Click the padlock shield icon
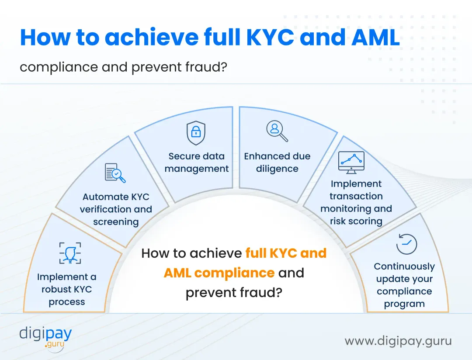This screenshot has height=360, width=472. (x=196, y=133)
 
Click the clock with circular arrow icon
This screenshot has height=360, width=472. (x=406, y=244)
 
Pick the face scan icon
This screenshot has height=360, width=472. (x=70, y=253)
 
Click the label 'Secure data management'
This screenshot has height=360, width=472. (x=197, y=163)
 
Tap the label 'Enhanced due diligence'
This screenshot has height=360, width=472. (x=277, y=163)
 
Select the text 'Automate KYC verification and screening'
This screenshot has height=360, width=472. (x=116, y=209)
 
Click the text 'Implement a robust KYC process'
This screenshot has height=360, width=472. (x=67, y=289)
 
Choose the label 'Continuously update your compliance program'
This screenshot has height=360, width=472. (x=404, y=285)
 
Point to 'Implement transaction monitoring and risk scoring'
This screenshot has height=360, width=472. (x=356, y=202)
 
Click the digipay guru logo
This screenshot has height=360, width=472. (x=45, y=336)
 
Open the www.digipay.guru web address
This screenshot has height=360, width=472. (x=398, y=341)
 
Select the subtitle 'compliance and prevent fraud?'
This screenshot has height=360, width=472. (x=124, y=67)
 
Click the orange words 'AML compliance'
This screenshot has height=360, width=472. (x=219, y=273)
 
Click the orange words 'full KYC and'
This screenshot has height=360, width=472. (x=286, y=253)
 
